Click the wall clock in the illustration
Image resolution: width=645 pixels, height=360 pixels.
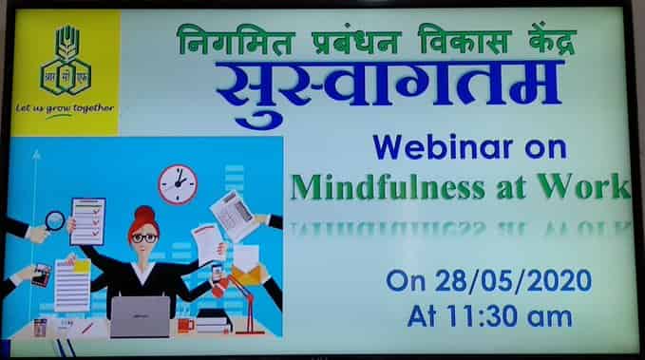tap(177, 182)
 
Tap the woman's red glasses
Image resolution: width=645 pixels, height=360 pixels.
tap(144, 237)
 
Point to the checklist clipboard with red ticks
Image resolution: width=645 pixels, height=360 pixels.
tap(87, 220)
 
